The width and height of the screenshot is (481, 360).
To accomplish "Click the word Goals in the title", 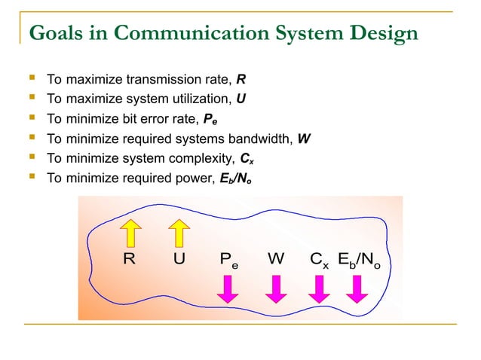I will (x=54, y=33).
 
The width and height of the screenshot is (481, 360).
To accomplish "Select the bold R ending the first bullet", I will (x=240, y=78).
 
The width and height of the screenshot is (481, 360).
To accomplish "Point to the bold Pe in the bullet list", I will (x=211, y=119).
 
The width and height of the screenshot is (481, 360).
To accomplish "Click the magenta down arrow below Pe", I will (x=229, y=287).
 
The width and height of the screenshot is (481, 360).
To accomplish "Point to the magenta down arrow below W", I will (x=276, y=287).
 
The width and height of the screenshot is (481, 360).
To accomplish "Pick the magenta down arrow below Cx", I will (x=319, y=287).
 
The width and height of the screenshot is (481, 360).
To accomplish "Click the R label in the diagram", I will (x=129, y=260).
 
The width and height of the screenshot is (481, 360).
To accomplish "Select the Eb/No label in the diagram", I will (x=359, y=260).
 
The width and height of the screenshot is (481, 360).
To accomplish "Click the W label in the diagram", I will (x=275, y=260).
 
